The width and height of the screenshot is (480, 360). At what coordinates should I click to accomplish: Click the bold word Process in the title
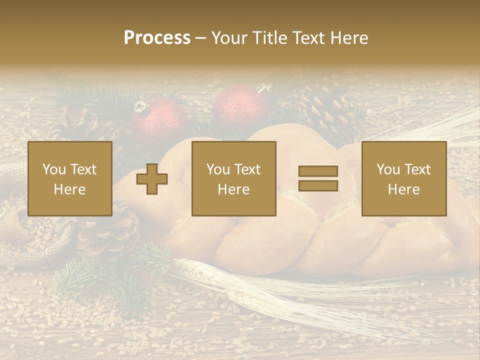coord(157,38)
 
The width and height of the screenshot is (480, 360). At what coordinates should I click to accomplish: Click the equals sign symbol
coord(318,178)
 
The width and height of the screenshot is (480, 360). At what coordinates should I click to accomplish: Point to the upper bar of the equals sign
coord(318,171)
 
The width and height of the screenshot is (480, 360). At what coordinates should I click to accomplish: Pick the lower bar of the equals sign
coord(318,186)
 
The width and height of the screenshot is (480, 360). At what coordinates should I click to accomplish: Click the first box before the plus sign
coord(70,178)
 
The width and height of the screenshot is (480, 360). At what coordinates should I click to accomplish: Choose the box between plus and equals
coord(233,178)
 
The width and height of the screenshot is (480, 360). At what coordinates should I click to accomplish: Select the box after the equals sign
coord(403,178)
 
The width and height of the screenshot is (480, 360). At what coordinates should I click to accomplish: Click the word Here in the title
coord(348,38)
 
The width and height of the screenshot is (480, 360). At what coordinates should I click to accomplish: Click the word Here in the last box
coord(403,189)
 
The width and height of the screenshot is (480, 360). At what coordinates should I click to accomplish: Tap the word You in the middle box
coord(218,169)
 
